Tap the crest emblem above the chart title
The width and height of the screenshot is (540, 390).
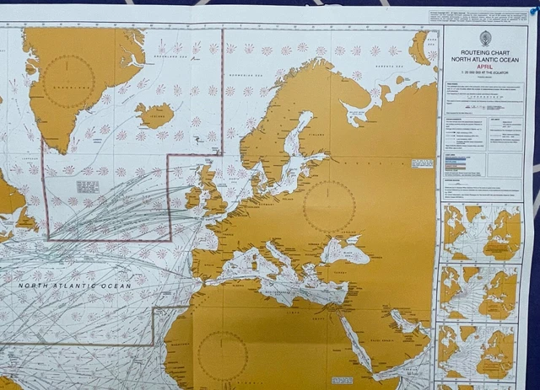pos(486,37)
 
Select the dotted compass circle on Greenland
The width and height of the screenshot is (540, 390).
pos(69,80)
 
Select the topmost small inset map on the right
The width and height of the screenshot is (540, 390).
pos(481,233)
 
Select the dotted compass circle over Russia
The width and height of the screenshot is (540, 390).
pos(329,206)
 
